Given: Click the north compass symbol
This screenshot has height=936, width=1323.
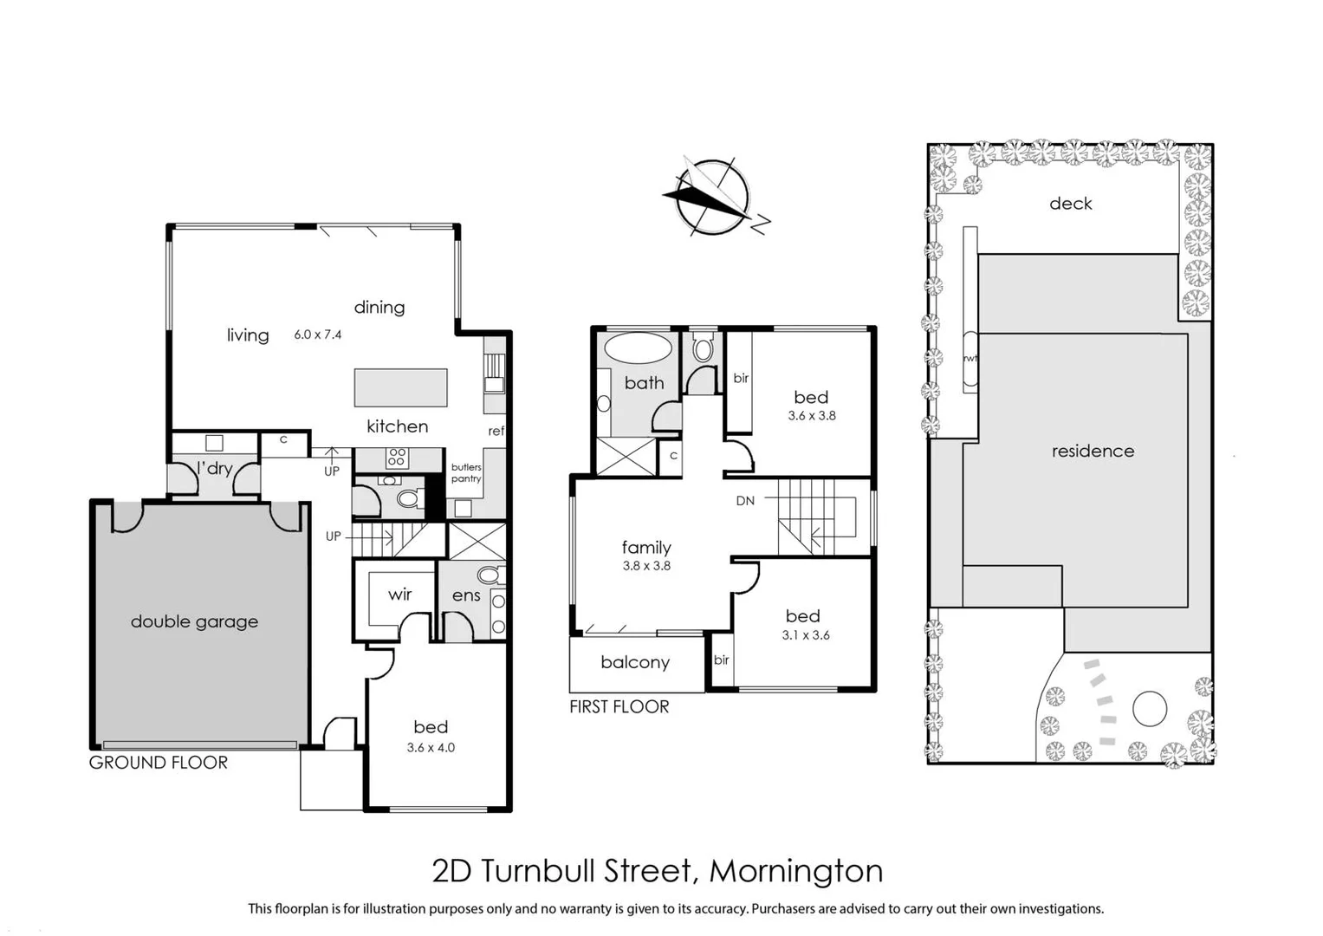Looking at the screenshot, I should coord(712,198).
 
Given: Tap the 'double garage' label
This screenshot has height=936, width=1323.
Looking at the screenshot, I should coord(194,621).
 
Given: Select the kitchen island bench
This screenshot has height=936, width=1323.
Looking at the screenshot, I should coord(400,387).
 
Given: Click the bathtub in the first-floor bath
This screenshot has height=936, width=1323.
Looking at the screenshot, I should coord(638,348).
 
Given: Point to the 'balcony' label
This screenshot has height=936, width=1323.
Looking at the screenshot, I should coord(635,662).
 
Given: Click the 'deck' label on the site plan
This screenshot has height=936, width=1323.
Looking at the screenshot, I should coord(1070,204).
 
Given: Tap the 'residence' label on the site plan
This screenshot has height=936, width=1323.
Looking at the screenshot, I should coord(1093,451).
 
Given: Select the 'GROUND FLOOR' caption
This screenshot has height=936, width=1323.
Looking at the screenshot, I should coord(159,763).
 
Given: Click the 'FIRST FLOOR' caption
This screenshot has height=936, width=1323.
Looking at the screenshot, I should coord(619,707).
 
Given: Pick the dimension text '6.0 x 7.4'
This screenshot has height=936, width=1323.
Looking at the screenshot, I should coord(318,335).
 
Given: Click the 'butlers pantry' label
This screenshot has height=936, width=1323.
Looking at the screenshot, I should coord(466,473).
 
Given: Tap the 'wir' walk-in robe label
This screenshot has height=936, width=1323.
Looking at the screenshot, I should coord(399,595).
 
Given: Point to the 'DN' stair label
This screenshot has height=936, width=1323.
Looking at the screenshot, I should coord(745,501).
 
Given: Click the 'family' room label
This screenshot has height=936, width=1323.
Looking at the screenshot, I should coord(646,547).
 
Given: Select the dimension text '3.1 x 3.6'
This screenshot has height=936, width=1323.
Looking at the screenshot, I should coord(806,635).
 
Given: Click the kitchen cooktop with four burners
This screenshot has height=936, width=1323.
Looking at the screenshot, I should coord(397,458).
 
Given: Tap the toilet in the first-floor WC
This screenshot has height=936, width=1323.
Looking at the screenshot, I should coord(703,350).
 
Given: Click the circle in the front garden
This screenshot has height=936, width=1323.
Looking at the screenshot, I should coord(1150,708).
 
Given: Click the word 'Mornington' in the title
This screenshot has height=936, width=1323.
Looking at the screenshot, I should coord(795,871).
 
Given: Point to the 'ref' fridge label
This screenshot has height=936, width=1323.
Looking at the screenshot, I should coord(496,431).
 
